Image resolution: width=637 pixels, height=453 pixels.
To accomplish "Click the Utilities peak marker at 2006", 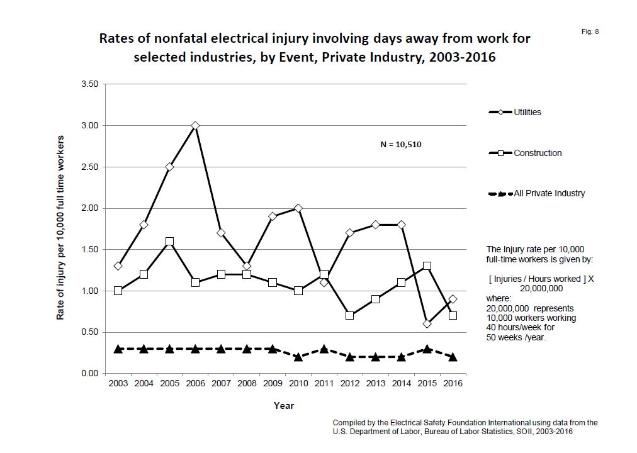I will point(195,126).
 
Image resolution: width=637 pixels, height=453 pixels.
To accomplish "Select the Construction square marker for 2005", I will point(169,242).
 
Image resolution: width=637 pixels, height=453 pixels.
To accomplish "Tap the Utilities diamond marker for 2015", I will point(427,324).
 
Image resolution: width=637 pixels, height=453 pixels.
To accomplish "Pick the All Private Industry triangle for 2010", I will point(298,357).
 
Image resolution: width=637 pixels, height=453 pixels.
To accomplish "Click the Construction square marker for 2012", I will point(350,315).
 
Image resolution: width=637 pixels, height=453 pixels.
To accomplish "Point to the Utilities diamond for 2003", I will point(118,266).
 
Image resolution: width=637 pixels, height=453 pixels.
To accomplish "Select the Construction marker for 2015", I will point(427,266).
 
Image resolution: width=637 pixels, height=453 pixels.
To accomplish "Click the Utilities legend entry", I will point(527,113).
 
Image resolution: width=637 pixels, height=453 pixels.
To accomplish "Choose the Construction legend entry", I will point(537,153).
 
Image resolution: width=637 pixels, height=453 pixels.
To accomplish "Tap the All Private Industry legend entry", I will point(549,193).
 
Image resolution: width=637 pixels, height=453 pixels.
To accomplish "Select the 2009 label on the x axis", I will point(273,384).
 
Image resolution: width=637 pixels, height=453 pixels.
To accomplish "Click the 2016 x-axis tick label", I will point(453,384).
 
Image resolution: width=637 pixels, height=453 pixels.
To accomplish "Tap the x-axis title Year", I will point(284,406).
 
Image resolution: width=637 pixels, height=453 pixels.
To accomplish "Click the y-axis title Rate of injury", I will point(61,227).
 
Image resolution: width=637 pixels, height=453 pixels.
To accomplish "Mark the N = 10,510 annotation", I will point(401,145).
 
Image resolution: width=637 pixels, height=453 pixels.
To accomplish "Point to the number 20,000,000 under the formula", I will point(541,288).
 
